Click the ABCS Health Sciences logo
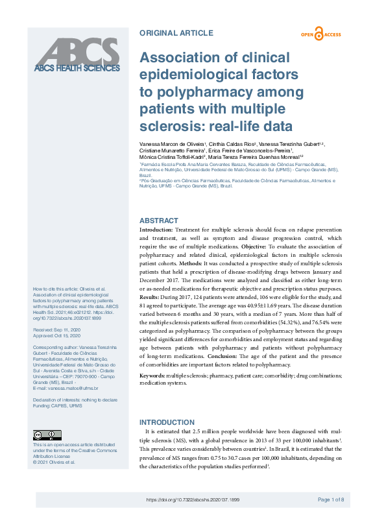click(x=77, y=56)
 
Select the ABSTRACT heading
click(x=158, y=221)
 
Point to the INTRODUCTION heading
click(x=167, y=422)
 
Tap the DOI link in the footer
click(x=193, y=499)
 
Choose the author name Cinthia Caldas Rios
click(x=232, y=143)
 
